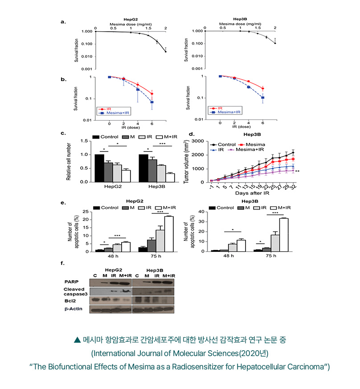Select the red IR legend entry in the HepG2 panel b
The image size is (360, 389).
[106, 109]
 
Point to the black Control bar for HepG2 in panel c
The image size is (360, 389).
[99, 168]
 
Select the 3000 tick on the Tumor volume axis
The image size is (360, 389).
[198, 141]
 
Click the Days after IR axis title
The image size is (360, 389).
[253, 194]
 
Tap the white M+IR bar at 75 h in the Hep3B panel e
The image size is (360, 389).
[283, 234]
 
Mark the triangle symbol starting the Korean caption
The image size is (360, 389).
[78, 340]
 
